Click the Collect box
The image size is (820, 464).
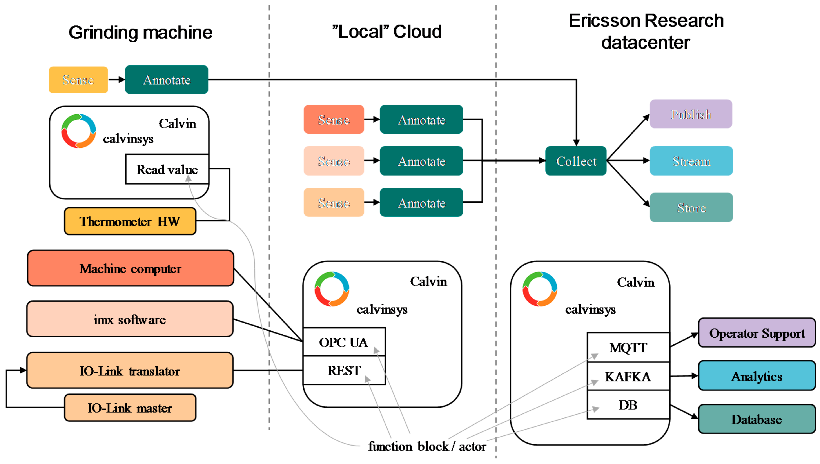[576, 161]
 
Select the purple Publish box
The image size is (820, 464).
[691, 114]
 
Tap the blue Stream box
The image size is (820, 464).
[691, 161]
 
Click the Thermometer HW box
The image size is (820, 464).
[130, 221]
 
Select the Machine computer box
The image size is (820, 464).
[130, 268]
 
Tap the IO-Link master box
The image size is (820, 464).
[130, 408]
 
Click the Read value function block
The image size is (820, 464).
[167, 169]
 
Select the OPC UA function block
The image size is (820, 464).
[344, 342]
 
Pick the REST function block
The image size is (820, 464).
[344, 370]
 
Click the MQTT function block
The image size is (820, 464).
[628, 347]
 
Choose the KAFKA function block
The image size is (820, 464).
[628, 376]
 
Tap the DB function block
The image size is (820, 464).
[628, 405]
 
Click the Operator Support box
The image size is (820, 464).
[757, 333]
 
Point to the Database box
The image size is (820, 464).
[757, 419]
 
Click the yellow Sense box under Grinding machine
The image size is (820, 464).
[78, 80]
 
